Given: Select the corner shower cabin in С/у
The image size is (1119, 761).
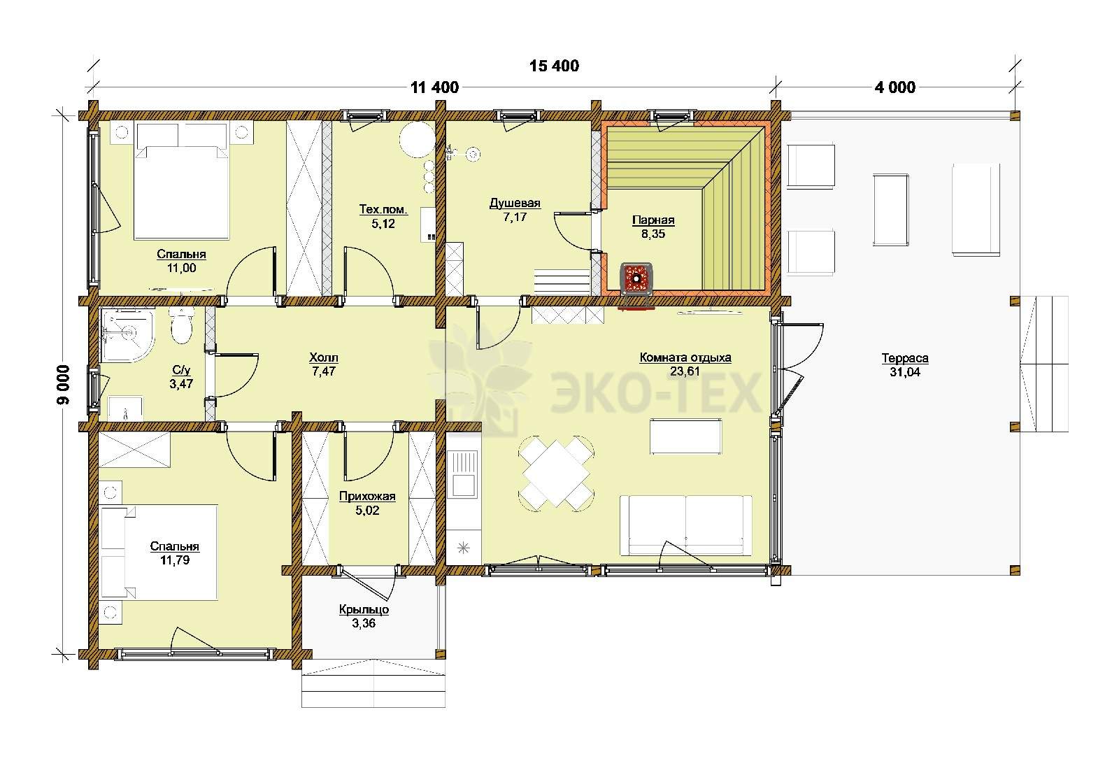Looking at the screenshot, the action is tap(127, 334).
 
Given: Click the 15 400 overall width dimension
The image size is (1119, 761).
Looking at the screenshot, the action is tap(554, 66).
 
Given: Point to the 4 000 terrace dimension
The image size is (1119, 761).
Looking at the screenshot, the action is tap(895, 87).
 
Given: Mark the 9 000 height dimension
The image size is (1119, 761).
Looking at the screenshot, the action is tap(64, 384).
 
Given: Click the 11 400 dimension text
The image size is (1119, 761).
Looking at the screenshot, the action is tap(434, 87).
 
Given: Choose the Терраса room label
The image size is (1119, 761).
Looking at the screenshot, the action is tap(905, 357).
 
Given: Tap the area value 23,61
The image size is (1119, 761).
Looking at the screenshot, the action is tap(685, 371).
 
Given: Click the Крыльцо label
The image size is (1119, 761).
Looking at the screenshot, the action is tap(364, 609).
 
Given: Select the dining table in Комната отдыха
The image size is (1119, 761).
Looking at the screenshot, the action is tap(556, 474).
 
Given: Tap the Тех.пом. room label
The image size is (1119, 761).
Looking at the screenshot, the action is tap(383, 209).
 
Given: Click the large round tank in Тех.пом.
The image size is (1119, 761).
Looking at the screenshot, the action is tap(417, 139).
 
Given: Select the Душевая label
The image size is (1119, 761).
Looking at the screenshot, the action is tap(515, 203).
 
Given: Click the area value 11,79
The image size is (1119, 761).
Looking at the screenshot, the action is tap(175, 560).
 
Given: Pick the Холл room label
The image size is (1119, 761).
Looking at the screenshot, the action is tap(324, 357).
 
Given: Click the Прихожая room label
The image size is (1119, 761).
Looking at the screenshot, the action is tap(367, 496).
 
